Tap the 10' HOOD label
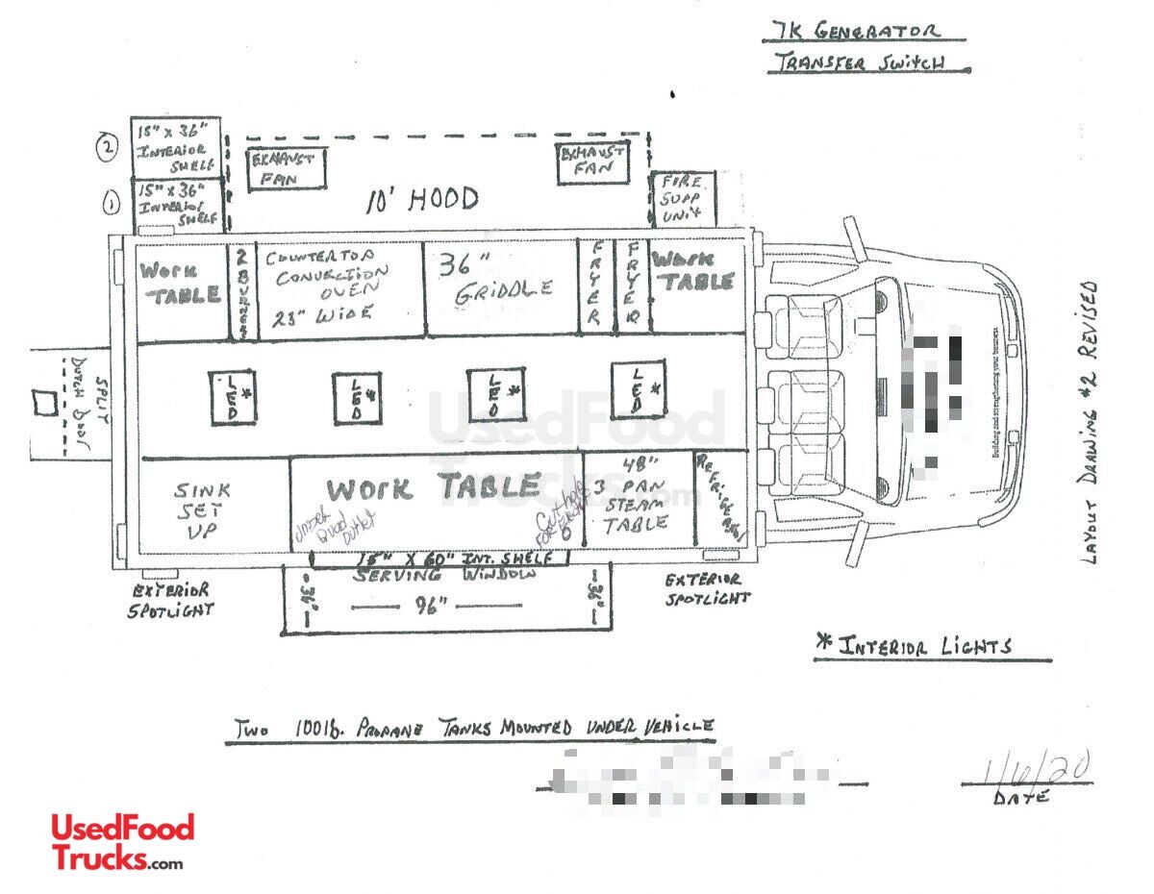click(421, 200)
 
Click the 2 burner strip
click(243, 288)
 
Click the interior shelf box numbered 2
click(176, 147)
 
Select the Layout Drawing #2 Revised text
click(1089, 423)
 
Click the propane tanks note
click(471, 728)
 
